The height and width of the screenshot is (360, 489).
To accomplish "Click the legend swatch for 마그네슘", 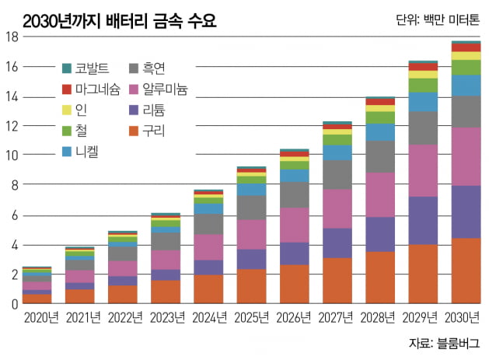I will click(x=67, y=89).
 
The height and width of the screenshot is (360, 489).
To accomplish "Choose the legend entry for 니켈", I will click(x=84, y=151).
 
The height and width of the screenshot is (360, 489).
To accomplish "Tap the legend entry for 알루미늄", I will click(x=159, y=89).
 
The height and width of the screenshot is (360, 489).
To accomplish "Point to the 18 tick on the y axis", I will click(x=12, y=37).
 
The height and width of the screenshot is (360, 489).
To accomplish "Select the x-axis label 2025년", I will click(x=251, y=318).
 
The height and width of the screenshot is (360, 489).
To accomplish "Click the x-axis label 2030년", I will click(x=464, y=318).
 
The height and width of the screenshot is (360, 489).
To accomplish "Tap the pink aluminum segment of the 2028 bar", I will click(x=379, y=194).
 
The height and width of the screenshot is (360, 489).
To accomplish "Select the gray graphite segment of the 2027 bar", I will click(x=337, y=174).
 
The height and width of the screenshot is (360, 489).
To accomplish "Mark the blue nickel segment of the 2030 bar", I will click(x=465, y=86).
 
